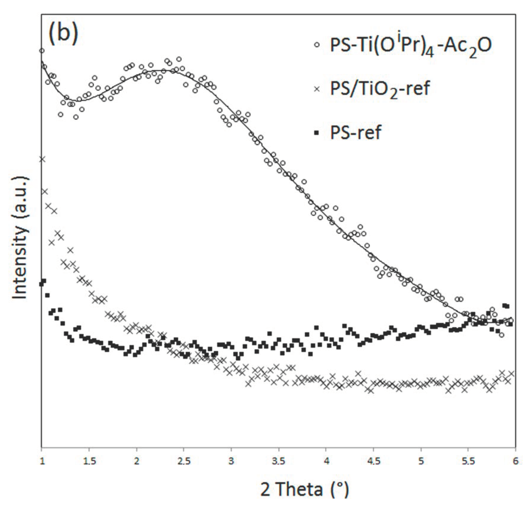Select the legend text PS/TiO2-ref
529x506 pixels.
click(380, 88)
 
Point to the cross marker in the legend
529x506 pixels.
click(316, 89)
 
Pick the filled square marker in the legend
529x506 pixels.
click(316, 133)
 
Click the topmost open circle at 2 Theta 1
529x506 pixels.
click(42, 51)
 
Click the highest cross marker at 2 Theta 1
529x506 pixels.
click(42, 159)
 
